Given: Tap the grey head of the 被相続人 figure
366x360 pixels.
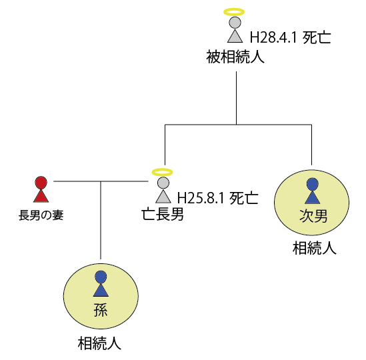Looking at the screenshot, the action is point(235,23).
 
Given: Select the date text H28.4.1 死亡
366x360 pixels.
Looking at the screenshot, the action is point(291,37).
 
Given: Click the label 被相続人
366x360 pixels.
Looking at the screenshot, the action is point(235,57).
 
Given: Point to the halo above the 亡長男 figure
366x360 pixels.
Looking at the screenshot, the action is point(162,172).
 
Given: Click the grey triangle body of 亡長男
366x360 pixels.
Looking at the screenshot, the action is point(163,196).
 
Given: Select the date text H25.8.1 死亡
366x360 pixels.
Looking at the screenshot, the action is point(218,198).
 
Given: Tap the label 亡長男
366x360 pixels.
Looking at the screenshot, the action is point(163,214).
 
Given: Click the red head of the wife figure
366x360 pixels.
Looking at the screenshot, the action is point(41,182).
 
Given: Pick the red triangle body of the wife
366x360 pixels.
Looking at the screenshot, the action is point(41,195).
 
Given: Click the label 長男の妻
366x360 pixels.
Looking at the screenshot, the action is point(41,215).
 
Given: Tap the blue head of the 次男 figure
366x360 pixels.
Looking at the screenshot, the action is point(312,184).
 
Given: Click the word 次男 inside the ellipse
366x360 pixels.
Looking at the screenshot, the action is point(313,215).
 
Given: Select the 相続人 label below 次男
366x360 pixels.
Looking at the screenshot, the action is point(315,248).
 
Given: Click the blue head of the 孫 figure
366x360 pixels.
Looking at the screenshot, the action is point(101,277).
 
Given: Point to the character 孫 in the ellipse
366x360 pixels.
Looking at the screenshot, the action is point(101,310).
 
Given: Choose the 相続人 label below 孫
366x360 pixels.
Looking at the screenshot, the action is point(99,343).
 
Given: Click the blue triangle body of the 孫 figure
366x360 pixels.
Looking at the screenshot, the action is point(101,290).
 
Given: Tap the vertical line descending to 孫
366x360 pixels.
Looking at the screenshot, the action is point(101,220).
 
